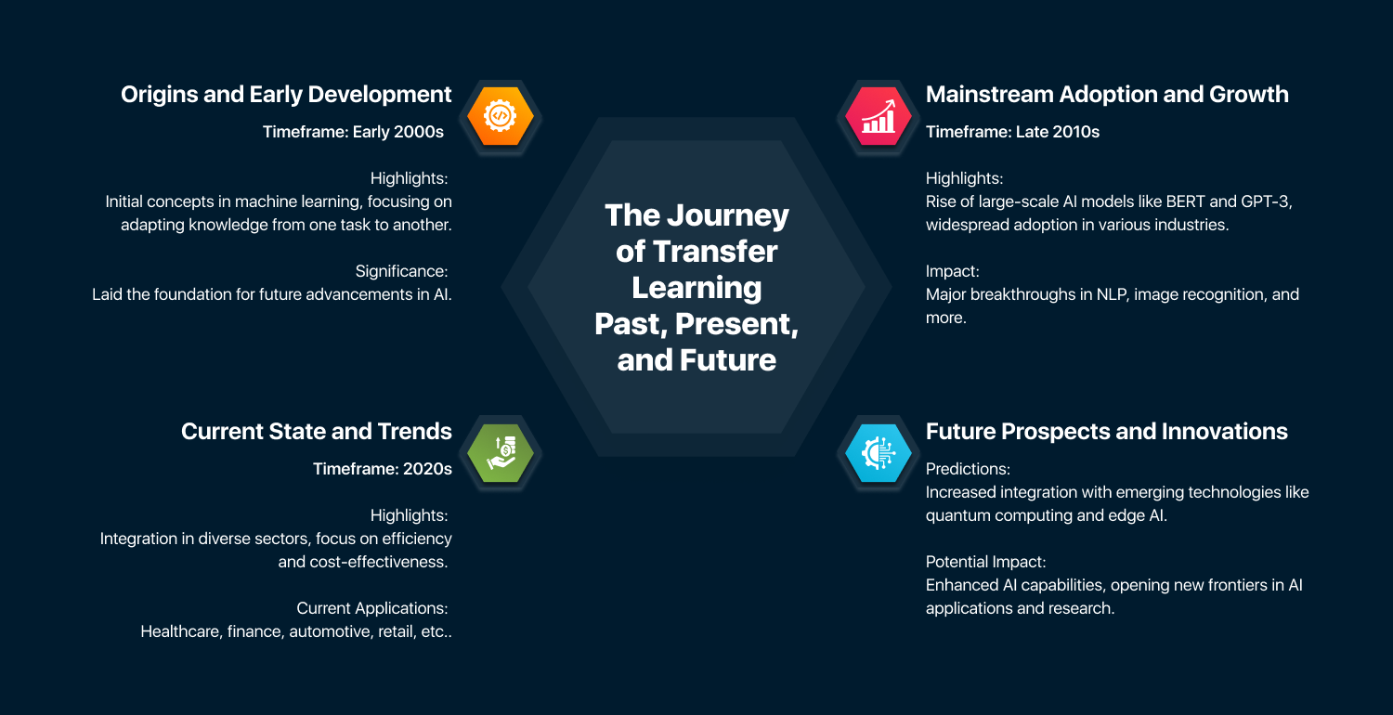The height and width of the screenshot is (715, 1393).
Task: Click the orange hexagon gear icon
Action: [500, 116]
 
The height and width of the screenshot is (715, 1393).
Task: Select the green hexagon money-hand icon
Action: [500, 452]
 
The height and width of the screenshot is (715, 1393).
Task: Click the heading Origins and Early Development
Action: [286, 94]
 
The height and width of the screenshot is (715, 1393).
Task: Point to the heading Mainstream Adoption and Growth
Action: [1107, 94]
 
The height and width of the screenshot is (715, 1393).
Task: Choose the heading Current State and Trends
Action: [316, 431]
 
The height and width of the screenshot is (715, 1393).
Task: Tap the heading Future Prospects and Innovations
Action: [1106, 431]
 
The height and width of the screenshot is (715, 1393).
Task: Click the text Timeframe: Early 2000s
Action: [353, 132]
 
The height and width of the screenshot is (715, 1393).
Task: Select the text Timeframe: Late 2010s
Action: [1012, 132]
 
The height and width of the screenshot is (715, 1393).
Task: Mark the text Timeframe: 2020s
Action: [382, 469]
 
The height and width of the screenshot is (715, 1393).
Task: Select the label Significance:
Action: [402, 271]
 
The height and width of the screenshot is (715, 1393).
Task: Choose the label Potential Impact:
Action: [985, 561]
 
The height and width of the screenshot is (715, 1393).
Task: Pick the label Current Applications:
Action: [372, 608]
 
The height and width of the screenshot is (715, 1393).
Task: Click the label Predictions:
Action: [968, 468]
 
